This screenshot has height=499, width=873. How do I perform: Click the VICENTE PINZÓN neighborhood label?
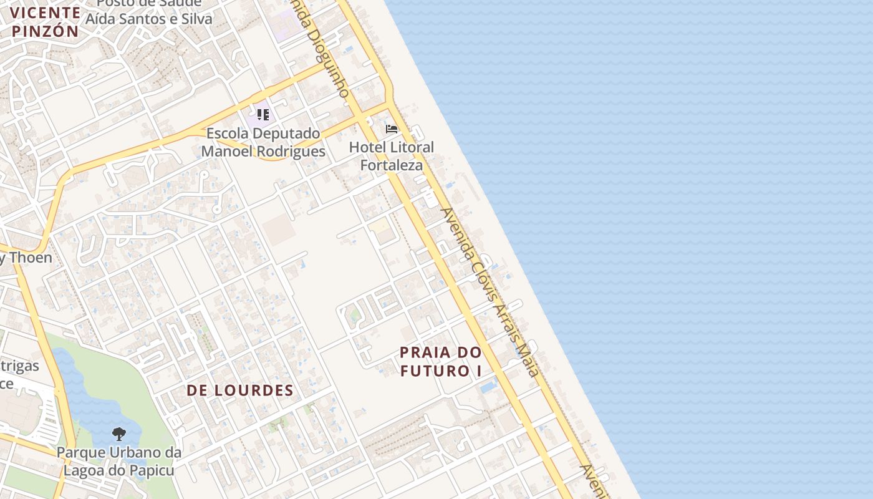coord(45,22)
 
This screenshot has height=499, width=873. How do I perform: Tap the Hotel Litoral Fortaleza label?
coord(392,156)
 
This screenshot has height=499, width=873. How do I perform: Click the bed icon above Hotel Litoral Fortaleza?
coord(392,129)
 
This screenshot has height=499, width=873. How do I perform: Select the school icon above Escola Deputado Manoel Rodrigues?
coord(263,115)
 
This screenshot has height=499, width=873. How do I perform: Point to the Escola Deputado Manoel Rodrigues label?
coord(263,142)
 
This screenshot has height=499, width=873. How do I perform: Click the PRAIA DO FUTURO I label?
coord(441,361)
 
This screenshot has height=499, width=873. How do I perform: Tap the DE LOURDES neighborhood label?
coord(240,390)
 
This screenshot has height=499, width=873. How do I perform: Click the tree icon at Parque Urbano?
coord(118,434)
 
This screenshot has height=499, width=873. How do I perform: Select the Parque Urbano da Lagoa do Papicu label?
coord(119,461)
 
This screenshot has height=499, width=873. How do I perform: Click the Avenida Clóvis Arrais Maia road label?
coord(490,292)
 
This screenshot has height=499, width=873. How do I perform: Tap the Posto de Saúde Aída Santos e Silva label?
coord(148,12)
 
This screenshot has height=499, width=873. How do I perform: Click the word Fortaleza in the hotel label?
coord(392,165)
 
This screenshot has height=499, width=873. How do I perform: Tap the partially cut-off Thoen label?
coord(26,257)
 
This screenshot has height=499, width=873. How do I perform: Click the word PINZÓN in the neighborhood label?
coord(45,31)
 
